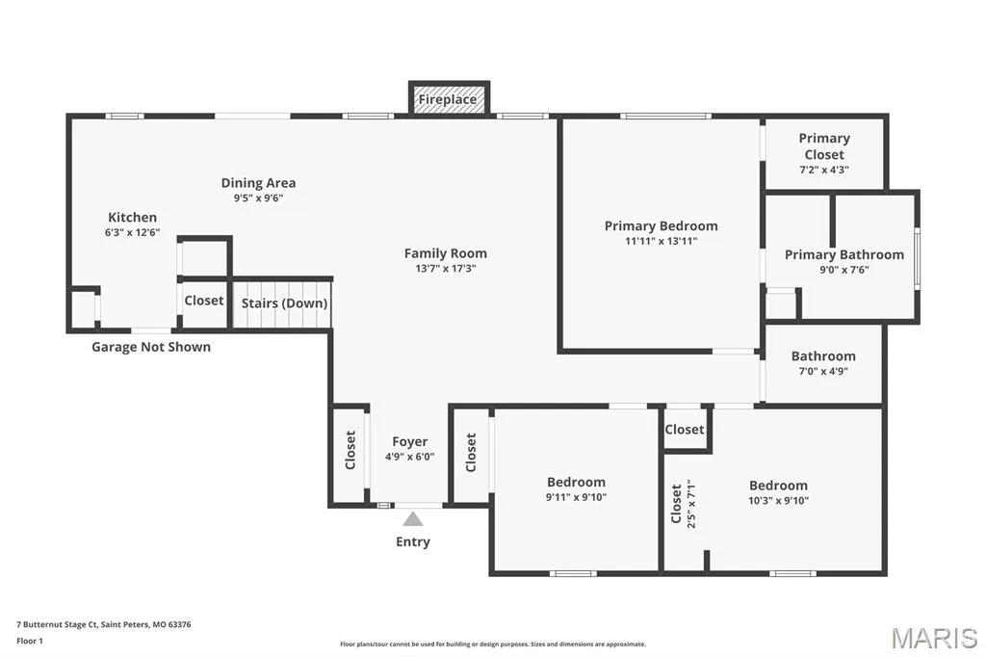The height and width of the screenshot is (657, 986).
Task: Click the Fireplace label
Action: pyautogui.click(x=448, y=99)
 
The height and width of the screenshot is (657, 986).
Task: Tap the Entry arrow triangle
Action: pyautogui.click(x=412, y=519)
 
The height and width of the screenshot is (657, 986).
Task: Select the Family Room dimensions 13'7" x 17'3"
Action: pyautogui.click(x=445, y=268)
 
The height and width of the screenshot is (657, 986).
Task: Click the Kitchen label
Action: pyautogui.click(x=132, y=217)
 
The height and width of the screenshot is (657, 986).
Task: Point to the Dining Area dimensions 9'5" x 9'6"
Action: pyautogui.click(x=258, y=197)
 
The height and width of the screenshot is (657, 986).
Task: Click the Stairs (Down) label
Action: pyautogui.click(x=284, y=303)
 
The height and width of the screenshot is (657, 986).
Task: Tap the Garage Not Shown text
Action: pyautogui.click(x=151, y=347)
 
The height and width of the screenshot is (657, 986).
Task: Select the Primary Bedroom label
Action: pyautogui.click(x=661, y=226)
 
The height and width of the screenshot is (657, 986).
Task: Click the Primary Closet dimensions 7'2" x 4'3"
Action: pyautogui.click(x=824, y=170)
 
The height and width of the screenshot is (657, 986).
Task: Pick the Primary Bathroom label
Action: pyautogui.click(x=843, y=255)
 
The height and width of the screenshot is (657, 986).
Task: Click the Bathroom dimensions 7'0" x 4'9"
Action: pyautogui.click(x=823, y=371)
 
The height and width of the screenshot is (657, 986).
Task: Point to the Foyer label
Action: pyautogui.click(x=409, y=442)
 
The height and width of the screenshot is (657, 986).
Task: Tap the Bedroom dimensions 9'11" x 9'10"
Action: pyautogui.click(x=576, y=497)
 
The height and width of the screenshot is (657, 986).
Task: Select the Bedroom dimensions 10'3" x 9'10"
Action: pyautogui.click(x=778, y=501)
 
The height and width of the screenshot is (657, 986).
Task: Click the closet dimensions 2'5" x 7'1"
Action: pyautogui.click(x=691, y=504)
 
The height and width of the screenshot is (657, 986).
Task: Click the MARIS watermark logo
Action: pyautogui.click(x=934, y=638)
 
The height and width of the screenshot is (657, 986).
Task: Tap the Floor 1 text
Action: pyautogui.click(x=30, y=642)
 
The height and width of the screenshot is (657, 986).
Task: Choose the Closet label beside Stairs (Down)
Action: pyautogui.click(x=204, y=301)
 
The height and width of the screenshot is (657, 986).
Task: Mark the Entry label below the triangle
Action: pyautogui.click(x=412, y=541)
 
